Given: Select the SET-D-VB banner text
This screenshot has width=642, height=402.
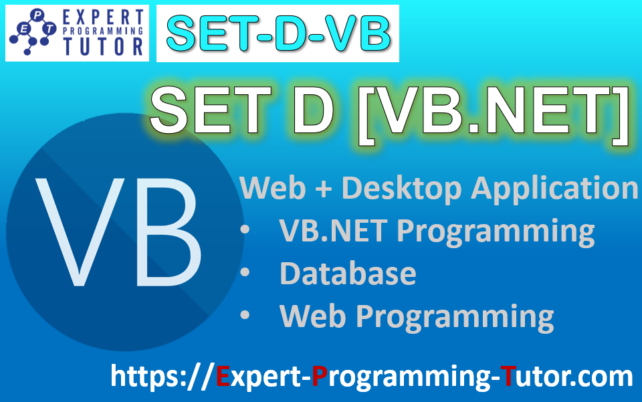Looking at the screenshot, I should pos(278,33).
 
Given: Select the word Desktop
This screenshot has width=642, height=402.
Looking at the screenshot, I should pos(401,188).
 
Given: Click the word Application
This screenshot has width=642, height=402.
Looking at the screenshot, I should pos(554,189).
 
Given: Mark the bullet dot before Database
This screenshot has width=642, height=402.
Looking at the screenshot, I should pos(245,273).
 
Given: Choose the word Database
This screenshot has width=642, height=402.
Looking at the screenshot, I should pos(348,273).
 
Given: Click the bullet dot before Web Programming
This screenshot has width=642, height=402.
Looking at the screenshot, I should pos(245,315).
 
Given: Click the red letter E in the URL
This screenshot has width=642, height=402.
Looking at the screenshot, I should pos(223,377).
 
